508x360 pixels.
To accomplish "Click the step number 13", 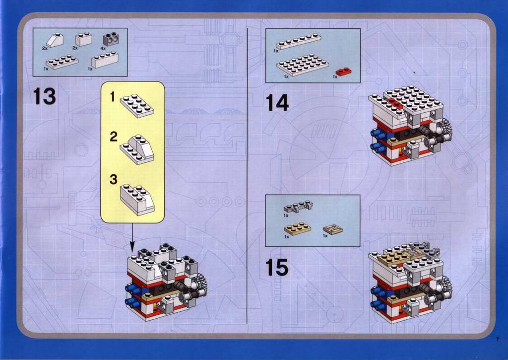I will pos(45,96).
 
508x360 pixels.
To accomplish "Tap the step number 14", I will pos(277,103).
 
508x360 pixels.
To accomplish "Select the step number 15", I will pos(277,268).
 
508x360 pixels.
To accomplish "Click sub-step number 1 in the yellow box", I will pos(113,97).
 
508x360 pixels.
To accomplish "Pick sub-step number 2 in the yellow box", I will pos(114,137).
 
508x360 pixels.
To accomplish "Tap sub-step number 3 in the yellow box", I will pos(114,179).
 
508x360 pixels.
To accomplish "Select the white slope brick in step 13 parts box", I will pos(55,40).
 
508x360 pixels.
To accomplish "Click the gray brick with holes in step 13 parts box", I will pos(112,39).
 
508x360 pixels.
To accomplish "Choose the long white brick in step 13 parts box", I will pos(104,60).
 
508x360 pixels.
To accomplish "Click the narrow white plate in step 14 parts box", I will pos(298,41).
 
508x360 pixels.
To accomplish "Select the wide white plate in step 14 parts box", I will pos(303,66).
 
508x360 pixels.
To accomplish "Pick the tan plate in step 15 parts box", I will pos(298,228).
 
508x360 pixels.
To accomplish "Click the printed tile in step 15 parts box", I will pos(331,229).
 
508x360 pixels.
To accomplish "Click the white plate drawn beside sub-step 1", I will pos(137,105).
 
